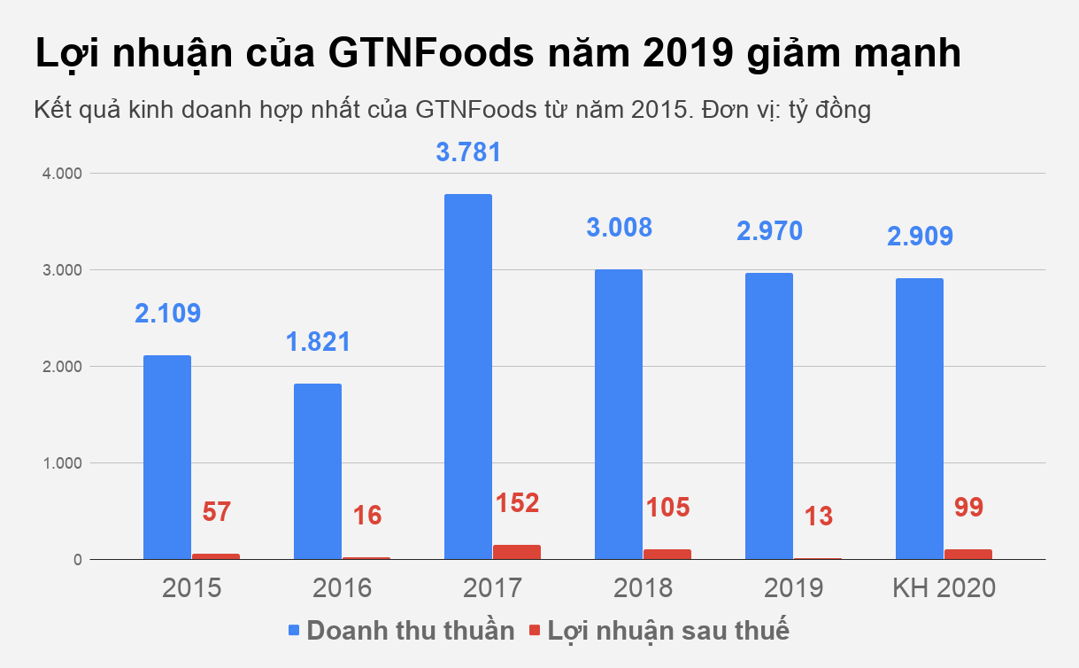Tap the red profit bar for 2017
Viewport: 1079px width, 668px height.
(x=517, y=552)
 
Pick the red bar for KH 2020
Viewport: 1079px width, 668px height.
(x=967, y=554)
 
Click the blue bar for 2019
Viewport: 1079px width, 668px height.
(x=768, y=416)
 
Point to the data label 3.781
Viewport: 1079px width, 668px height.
(x=468, y=151)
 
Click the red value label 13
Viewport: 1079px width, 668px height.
(x=819, y=517)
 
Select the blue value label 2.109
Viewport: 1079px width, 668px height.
(x=167, y=313)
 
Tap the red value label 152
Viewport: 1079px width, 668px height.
(x=518, y=503)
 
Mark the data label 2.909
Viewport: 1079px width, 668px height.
(x=920, y=237)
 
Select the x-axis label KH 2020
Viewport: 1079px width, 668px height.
(x=944, y=588)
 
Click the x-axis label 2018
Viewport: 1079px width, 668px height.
(x=643, y=588)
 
